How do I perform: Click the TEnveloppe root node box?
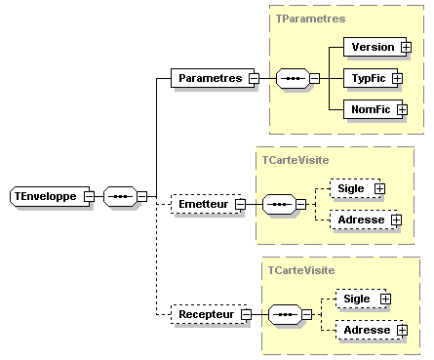(x=46, y=196)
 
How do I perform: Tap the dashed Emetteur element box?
(x=205, y=204)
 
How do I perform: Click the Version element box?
(x=372, y=46)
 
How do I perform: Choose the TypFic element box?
(x=370, y=77)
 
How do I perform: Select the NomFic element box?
(x=370, y=109)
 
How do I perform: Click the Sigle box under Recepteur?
(x=356, y=299)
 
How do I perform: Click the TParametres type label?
(x=310, y=19)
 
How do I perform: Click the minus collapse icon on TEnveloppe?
(x=89, y=196)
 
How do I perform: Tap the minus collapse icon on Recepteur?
(x=246, y=314)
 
